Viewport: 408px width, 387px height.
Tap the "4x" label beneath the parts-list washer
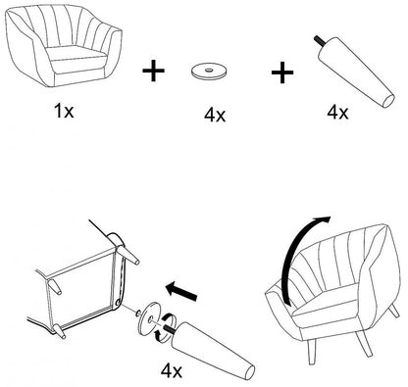[x=215, y=115]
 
